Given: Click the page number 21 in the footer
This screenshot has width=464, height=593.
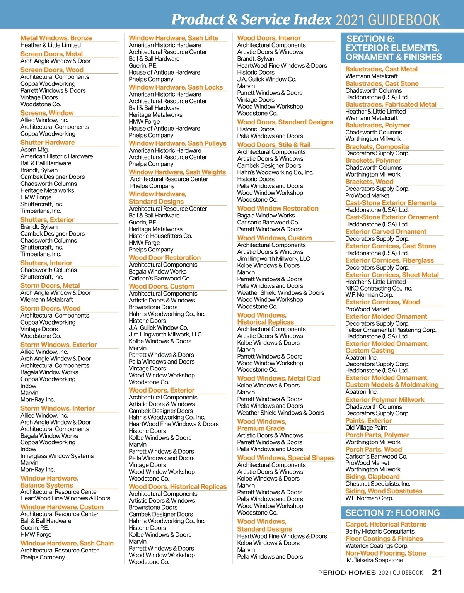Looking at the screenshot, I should [437, 572].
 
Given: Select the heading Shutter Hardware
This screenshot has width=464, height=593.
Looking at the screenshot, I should [48, 143].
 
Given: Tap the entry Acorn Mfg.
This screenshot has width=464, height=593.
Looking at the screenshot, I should [35, 150].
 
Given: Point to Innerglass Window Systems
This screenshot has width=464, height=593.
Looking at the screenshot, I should [57, 456].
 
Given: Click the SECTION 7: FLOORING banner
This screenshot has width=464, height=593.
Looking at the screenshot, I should [392, 513].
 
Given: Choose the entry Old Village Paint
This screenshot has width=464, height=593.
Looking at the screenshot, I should [366, 428].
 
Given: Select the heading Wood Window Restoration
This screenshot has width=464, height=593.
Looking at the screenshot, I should [278, 209].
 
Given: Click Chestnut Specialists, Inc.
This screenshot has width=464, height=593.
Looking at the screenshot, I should [377, 484].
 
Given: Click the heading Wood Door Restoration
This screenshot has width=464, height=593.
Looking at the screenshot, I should [165, 258].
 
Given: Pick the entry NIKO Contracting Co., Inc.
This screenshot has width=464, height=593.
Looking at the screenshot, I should [379, 288].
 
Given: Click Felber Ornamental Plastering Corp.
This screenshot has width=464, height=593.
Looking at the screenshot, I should [391, 330].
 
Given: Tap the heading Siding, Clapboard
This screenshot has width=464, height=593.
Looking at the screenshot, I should [372, 477].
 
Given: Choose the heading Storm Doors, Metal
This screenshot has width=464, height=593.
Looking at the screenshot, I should [50, 286].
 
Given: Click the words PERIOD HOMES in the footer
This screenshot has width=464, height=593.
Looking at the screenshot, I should [347, 573].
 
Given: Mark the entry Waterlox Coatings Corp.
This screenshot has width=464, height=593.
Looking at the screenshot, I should [377, 546].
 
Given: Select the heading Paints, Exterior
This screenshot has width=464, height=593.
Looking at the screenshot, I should [368, 421].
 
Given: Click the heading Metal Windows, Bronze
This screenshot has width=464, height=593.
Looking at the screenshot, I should [56, 38].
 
